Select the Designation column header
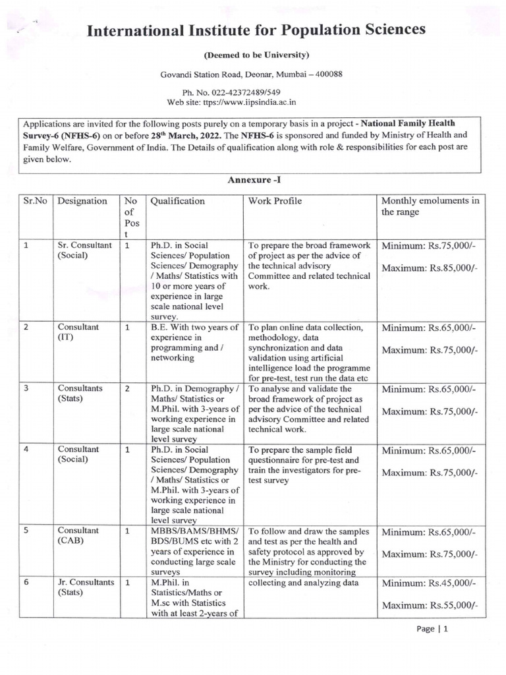pyautogui.click(x=82, y=201)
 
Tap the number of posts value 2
pyautogui.click(x=127, y=388)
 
